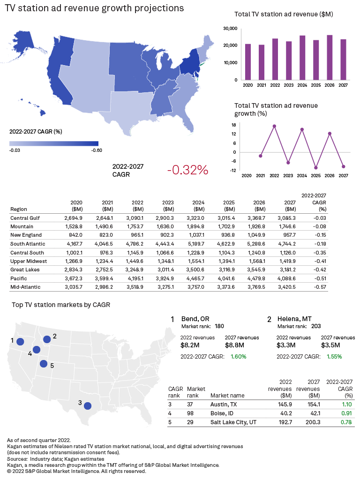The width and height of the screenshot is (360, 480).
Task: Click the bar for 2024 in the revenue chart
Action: pyautogui.click(x=302, y=58)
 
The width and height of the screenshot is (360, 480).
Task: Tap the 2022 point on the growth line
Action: pyautogui.click(x=274, y=126)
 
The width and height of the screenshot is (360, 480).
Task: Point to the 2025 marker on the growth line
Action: pyautogui.click(x=316, y=167)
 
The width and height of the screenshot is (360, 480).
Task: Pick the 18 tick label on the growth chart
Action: pyautogui.click(x=233, y=125)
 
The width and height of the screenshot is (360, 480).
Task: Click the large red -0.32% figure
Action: pyautogui.click(x=187, y=170)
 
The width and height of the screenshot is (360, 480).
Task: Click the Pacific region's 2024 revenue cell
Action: pyautogui.click(x=199, y=278)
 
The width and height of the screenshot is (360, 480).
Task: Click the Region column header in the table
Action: pyautogui.click(x=18, y=209)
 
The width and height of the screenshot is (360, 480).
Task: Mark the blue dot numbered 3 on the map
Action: pyautogui.click(x=88, y=405)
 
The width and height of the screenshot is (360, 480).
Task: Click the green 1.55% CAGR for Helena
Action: pyautogui.click(x=334, y=356)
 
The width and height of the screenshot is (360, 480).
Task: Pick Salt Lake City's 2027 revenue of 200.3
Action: pyautogui.click(x=312, y=422)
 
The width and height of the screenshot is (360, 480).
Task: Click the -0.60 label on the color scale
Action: pyautogui.click(x=96, y=150)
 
